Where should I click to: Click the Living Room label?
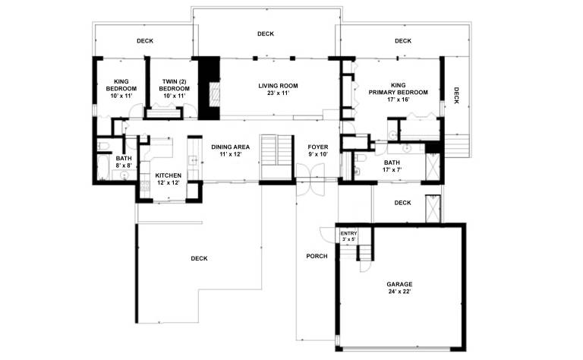coord(278,90)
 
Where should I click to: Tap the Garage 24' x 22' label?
coord(399,288)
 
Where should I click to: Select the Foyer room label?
coord(318,150)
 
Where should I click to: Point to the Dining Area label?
coord(231,150)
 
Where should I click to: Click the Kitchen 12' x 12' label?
coord(168,179)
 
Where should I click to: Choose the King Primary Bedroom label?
coord(399,92)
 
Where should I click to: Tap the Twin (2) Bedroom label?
coord(174,89)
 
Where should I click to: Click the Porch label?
coord(317,256)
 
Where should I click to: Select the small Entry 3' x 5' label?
coord(348,236)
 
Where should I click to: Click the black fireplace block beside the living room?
coord(209,88)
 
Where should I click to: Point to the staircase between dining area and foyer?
coord(277,157)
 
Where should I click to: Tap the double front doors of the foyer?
coord(310,180)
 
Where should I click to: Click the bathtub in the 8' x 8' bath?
coord(102,166)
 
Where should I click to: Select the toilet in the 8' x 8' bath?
coord(103,145)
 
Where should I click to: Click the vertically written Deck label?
coord(456,95)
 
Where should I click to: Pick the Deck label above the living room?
coord(266,34)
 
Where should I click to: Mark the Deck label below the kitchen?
coord(199,258)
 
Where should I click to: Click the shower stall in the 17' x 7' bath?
coord(433,166)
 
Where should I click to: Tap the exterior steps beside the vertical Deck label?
coord(457,145)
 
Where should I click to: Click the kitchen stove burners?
coord(144,185)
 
